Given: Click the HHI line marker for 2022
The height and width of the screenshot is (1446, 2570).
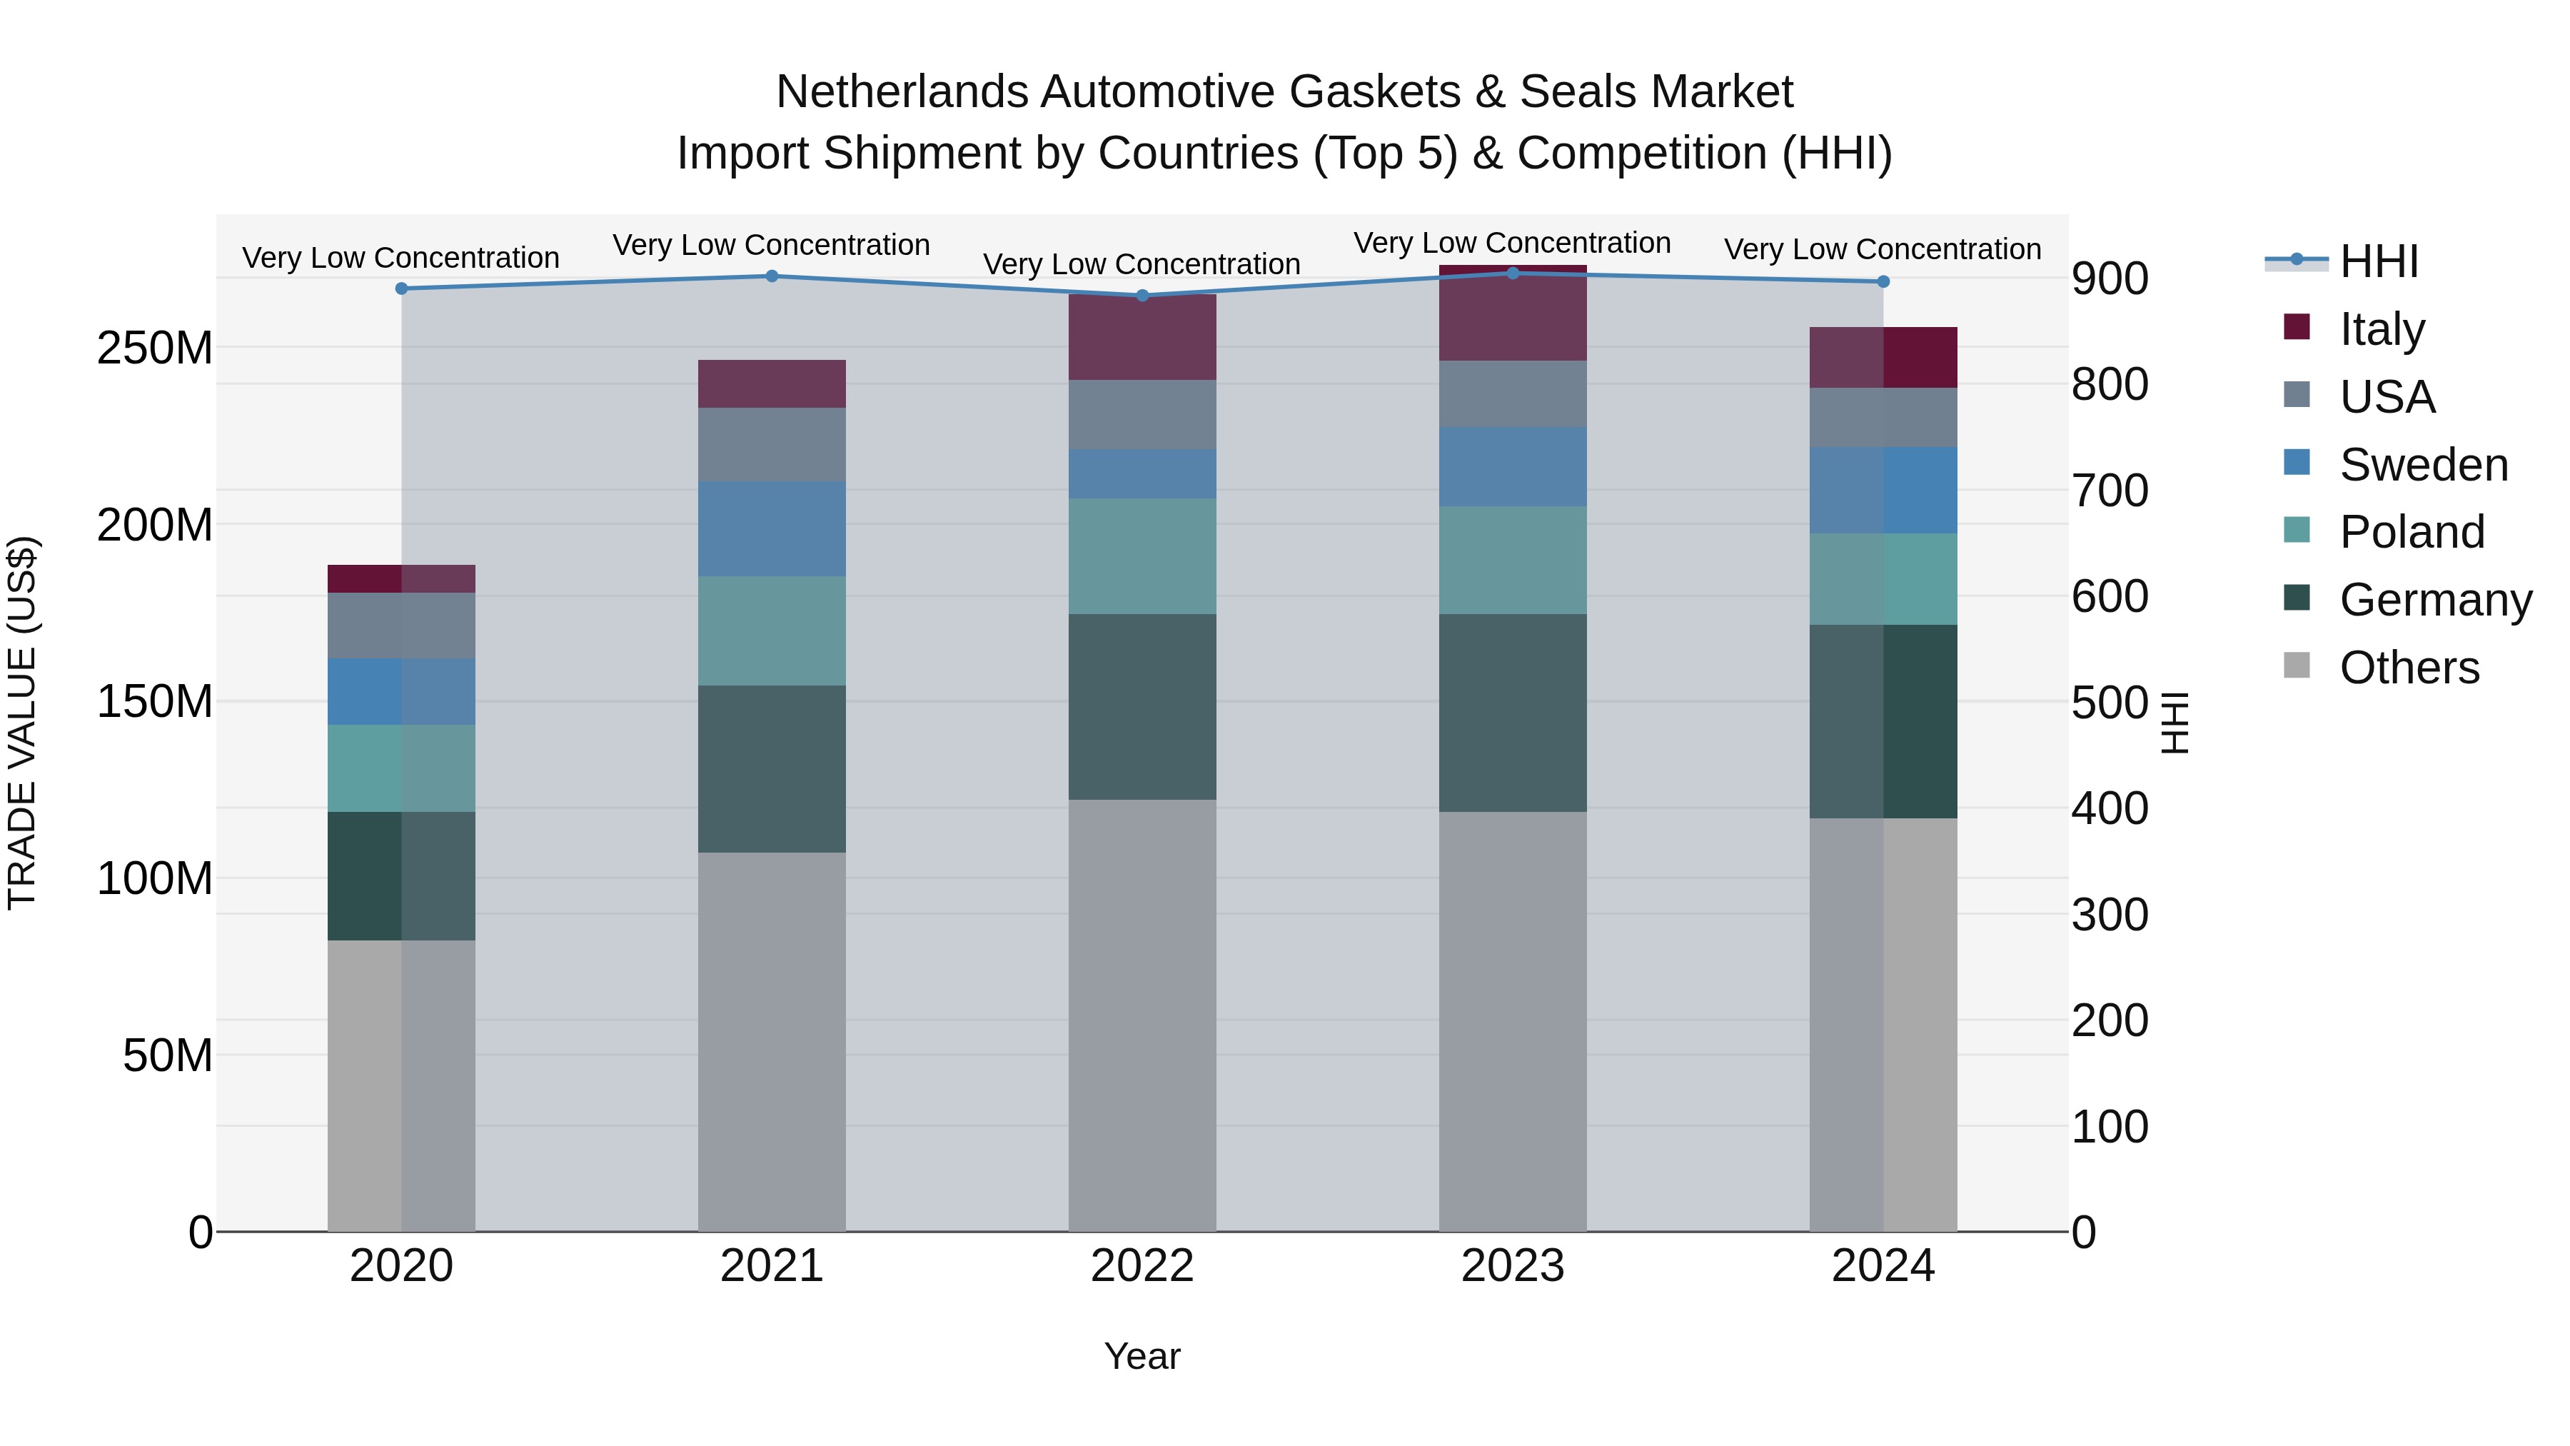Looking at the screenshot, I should [1142, 296].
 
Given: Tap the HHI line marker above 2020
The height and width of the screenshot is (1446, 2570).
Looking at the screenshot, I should [401, 288].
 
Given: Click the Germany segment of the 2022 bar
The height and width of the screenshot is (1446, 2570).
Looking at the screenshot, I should [1142, 706].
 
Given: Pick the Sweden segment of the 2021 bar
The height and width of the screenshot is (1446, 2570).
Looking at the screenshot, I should [771, 529].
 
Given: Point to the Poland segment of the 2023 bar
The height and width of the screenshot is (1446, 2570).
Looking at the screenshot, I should [1513, 560].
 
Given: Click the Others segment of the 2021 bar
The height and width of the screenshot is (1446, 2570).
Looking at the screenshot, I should [771, 1041].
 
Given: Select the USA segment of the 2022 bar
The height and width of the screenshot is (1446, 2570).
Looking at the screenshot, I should [1142, 414].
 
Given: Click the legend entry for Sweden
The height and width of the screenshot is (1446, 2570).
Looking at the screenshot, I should [2422, 465].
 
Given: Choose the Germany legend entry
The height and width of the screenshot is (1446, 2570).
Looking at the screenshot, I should [2434, 600].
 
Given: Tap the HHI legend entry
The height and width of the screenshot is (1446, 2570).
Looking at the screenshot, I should [2379, 261].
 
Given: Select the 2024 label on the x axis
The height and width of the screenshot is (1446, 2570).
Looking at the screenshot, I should [1883, 1266].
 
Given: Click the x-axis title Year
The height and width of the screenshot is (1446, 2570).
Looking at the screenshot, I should [1142, 1356].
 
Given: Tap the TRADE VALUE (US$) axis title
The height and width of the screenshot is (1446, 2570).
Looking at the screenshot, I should [22, 723].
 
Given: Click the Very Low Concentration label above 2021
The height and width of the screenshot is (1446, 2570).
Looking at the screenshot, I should [771, 244].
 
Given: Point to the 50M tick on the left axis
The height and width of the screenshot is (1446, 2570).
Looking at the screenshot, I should [166, 1055].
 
